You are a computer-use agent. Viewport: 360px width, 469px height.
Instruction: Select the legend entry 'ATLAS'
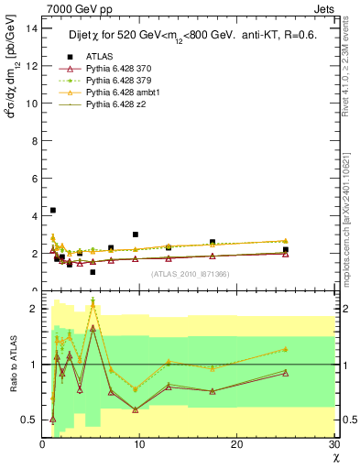tap(100, 58)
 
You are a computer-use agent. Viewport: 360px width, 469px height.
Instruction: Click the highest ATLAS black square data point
tap(52, 210)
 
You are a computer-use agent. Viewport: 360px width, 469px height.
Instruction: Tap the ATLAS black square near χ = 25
tap(286, 249)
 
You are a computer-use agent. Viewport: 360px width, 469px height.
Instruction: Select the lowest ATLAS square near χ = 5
tap(93, 272)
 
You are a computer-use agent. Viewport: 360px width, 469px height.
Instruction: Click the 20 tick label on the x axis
tap(237, 444)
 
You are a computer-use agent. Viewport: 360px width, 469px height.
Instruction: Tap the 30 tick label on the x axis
tap(334, 444)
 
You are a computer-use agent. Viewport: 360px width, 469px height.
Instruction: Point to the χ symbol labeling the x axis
tap(334, 456)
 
